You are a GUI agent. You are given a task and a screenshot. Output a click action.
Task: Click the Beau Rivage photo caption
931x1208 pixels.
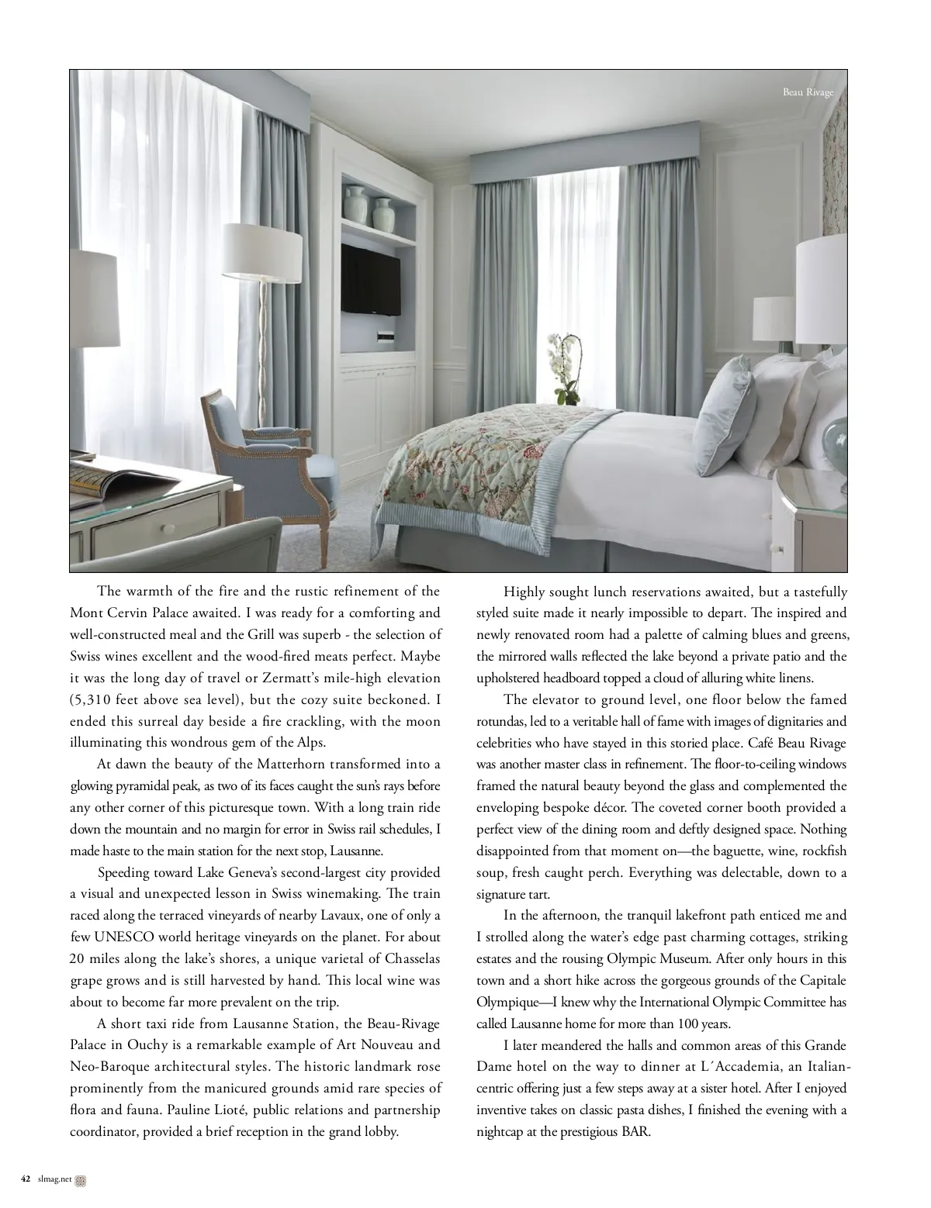(808, 93)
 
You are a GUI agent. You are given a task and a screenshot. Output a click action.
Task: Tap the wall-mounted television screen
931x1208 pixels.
(371, 280)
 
